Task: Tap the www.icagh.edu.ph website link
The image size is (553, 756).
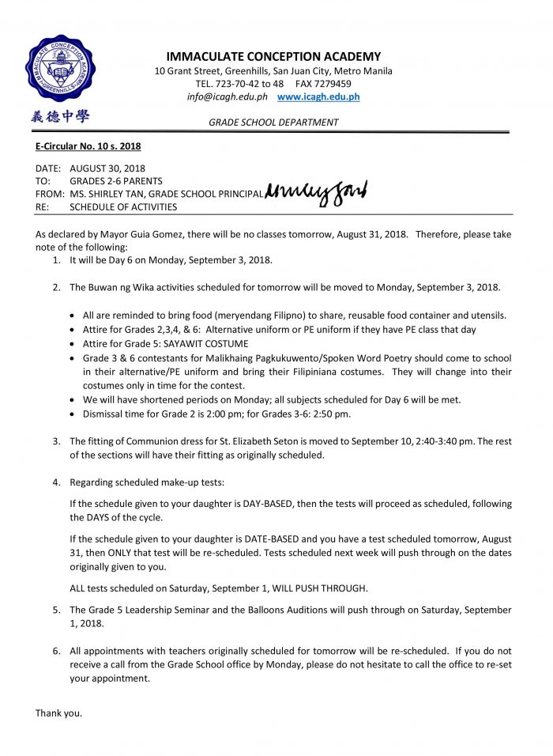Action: coord(318,96)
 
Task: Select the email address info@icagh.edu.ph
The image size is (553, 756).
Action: coord(228,96)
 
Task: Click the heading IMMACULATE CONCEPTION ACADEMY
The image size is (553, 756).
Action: coord(273,56)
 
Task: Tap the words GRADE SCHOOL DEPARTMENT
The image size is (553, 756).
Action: coord(273,123)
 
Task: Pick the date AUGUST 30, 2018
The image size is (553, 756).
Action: coord(107,168)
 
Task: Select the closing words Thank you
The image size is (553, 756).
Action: coord(58,713)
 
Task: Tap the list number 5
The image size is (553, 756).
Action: coord(55,610)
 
